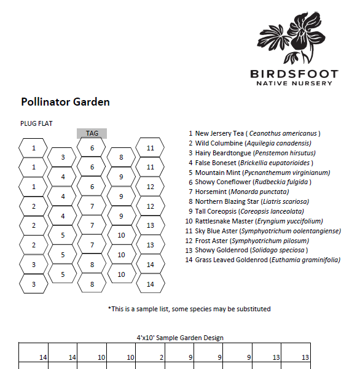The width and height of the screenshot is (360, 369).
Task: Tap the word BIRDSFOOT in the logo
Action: pyautogui.click(x=294, y=74)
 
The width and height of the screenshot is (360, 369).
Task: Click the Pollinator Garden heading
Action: pyautogui.click(x=65, y=102)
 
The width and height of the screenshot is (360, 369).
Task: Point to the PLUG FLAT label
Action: pyautogui.click(x=37, y=123)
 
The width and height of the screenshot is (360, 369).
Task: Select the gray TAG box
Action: pyautogui.click(x=92, y=133)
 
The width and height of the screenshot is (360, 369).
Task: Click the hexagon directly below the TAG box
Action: pyautogui.click(x=92, y=148)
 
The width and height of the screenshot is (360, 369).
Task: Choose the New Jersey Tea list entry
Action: pyautogui.click(x=254, y=133)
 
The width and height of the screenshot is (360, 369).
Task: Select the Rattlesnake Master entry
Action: pyautogui.click(x=253, y=221)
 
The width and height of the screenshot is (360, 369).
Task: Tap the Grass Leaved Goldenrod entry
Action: pyautogui.click(x=263, y=260)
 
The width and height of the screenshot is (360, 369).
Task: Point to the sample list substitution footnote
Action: pyautogui.click(x=189, y=309)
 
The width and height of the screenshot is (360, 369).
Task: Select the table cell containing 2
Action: pyautogui.click(x=152, y=357)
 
